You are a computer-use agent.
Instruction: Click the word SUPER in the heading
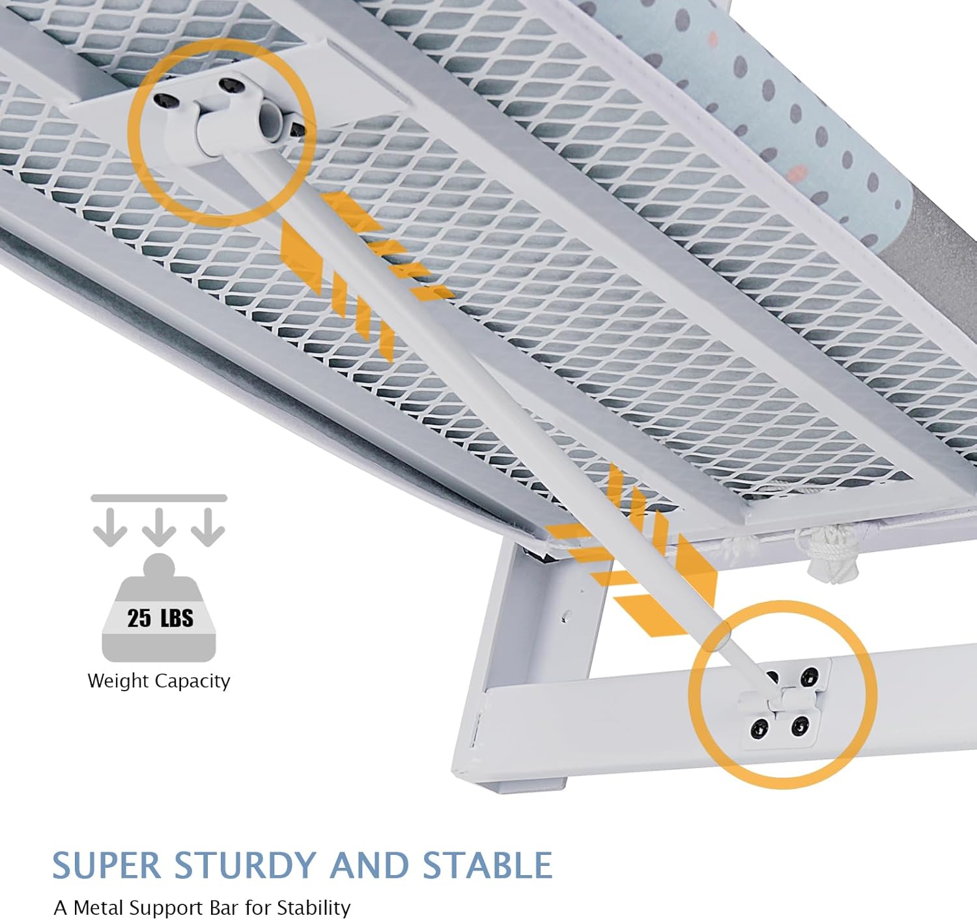(x=106, y=866)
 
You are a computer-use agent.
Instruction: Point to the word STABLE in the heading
(x=487, y=866)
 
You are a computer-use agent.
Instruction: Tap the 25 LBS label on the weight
(x=160, y=618)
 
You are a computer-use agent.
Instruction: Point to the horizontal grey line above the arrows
(x=159, y=498)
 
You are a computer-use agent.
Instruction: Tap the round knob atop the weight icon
(x=159, y=564)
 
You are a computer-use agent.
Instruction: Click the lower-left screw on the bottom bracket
(x=758, y=728)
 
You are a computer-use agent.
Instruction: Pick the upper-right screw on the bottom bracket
(x=810, y=674)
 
